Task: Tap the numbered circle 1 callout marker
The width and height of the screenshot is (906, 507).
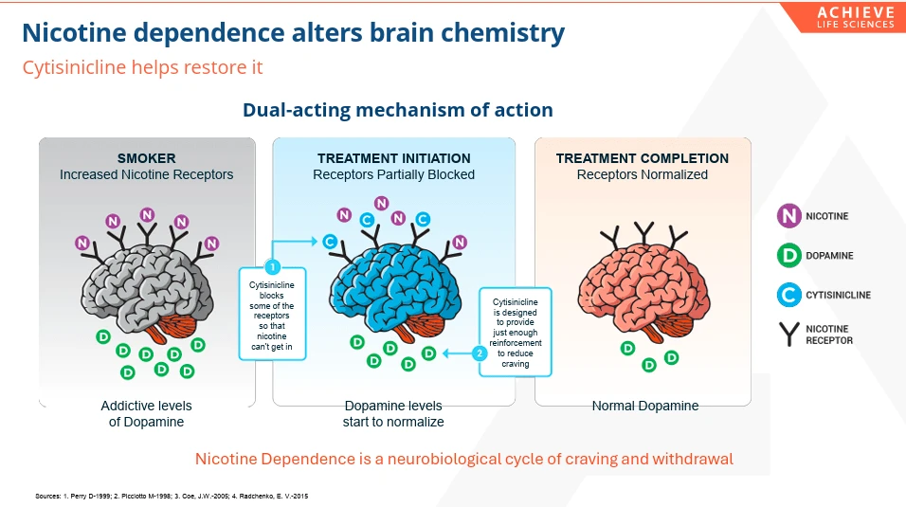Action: [272, 266]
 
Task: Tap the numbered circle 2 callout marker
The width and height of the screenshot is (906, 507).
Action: [480, 353]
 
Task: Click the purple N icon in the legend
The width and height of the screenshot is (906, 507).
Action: [788, 216]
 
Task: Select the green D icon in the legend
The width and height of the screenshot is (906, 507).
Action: [788, 255]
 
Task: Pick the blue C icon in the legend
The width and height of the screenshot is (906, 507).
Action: [788, 295]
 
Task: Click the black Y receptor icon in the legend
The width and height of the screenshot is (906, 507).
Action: [788, 335]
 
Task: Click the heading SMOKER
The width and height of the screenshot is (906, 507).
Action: [146, 158]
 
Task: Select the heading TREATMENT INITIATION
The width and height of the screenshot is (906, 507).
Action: [394, 158]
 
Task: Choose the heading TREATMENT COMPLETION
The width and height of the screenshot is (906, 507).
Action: [642, 158]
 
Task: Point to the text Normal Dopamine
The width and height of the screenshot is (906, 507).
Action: [644, 406]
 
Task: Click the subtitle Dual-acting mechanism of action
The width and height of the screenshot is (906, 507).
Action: [397, 110]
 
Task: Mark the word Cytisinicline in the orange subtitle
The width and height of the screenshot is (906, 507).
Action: [75, 67]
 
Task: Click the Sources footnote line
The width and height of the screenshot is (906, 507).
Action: [172, 496]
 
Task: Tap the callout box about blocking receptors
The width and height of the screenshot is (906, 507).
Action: [272, 314]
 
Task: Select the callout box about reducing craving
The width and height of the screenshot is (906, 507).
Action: [516, 332]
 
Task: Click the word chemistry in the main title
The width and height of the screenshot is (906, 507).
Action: [502, 33]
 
